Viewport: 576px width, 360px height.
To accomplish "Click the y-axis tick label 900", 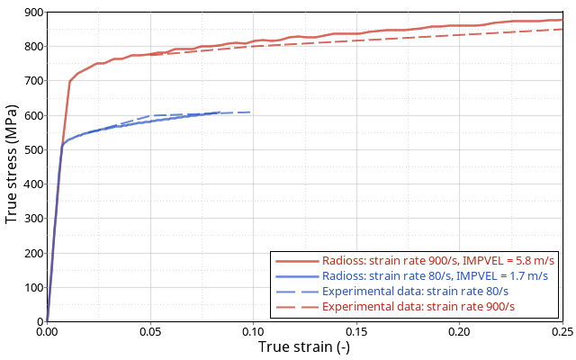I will [31, 13].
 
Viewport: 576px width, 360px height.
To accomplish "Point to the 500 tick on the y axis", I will [31, 149].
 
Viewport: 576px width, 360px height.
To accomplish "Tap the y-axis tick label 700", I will [31, 81].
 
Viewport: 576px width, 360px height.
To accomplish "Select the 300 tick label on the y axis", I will [31, 219].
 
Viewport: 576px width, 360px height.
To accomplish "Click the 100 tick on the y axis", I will [31, 287].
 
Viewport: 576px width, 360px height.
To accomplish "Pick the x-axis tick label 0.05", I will [150, 332].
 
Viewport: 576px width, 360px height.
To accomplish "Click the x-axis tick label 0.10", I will [253, 332].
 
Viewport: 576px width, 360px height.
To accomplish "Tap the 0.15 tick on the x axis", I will [356, 332].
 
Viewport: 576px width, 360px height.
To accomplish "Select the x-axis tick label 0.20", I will [459, 332].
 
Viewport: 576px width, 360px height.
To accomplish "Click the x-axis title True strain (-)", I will [304, 347].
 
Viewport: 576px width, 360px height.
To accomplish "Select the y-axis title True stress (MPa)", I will [12, 166].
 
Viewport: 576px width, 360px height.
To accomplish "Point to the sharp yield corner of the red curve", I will [70, 82].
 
